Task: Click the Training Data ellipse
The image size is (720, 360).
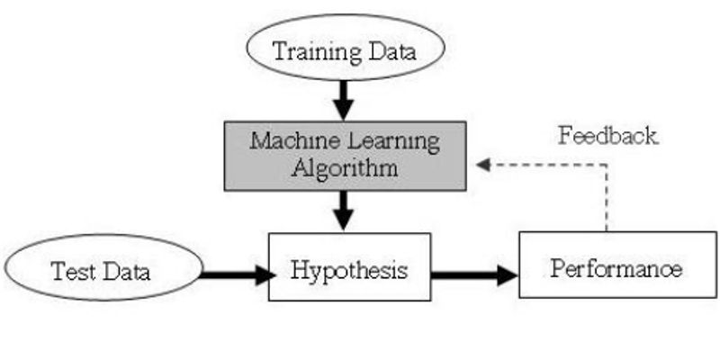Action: pyautogui.click(x=345, y=50)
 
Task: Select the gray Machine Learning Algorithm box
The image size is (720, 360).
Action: pyautogui.click(x=345, y=155)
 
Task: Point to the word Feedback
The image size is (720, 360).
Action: pyautogui.click(x=607, y=137)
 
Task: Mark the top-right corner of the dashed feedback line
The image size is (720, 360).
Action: pyautogui.click(x=608, y=166)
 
